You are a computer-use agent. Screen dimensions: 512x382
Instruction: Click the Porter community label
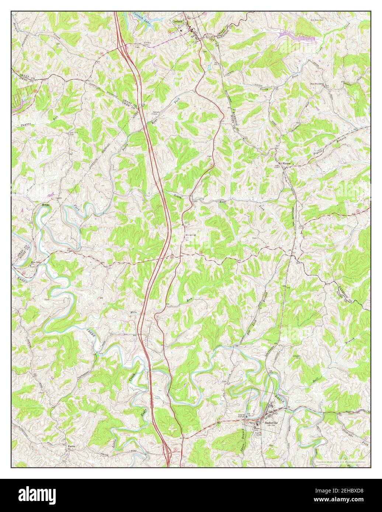[71, 446]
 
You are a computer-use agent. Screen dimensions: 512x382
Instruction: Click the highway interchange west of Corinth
[121, 45]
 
